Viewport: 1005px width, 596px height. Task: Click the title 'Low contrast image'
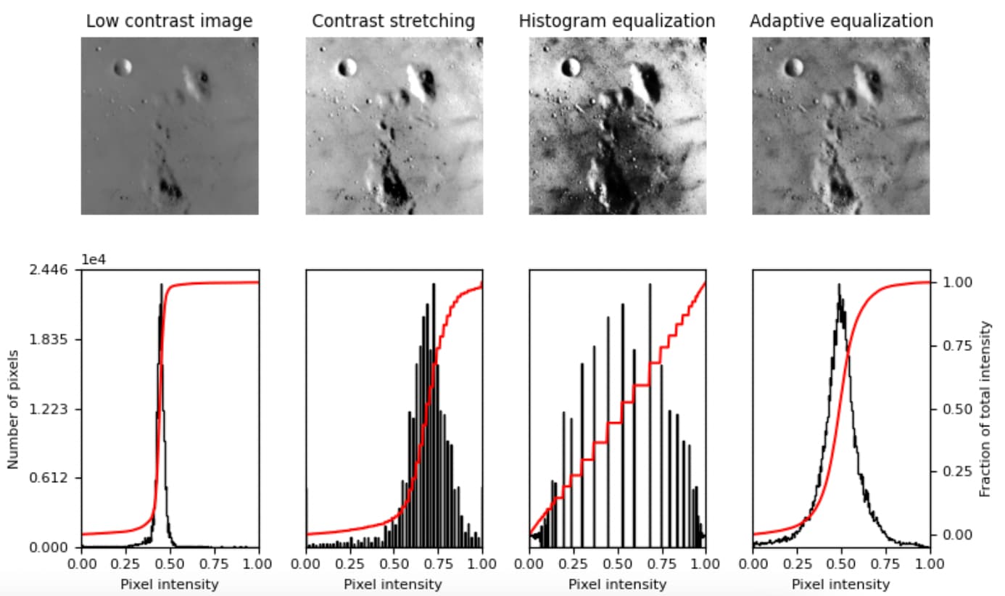click(169, 22)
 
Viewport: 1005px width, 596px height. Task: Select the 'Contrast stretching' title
click(393, 22)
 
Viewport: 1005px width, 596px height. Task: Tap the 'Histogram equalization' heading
click(616, 22)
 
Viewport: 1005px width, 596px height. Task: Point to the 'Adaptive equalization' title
click(841, 22)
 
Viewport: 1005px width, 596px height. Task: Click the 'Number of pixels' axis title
click(14, 409)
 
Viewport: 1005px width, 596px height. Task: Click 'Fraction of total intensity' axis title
click(985, 409)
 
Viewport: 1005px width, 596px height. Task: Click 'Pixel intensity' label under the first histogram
click(169, 584)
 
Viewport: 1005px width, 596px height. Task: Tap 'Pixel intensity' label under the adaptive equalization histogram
click(841, 584)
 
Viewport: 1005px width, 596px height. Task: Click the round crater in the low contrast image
click(123, 67)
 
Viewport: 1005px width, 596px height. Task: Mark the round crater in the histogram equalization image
click(571, 67)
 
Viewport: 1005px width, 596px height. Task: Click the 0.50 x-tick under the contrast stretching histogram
click(394, 563)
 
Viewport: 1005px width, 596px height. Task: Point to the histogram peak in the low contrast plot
click(161, 285)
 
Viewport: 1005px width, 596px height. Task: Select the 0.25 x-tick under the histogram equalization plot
click(574, 563)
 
